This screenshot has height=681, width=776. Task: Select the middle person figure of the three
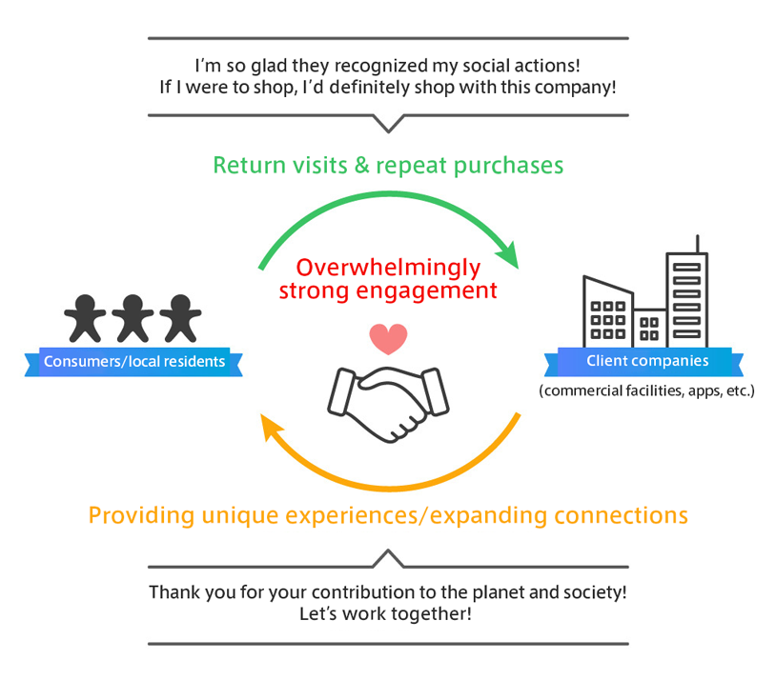[133, 318]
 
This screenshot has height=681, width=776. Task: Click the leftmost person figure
[86, 318]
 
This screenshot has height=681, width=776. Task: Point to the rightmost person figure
[179, 318]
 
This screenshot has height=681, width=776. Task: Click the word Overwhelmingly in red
[388, 267]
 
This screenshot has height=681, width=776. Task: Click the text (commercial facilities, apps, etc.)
[646, 391]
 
